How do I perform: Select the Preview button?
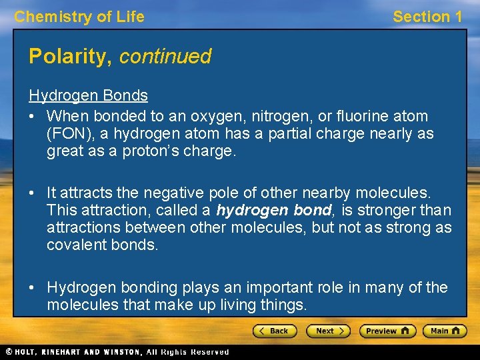tap(387, 331)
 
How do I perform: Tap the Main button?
tap(446, 331)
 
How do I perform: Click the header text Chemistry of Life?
tap(79, 17)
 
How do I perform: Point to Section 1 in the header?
tap(427, 17)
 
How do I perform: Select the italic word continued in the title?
tap(165, 57)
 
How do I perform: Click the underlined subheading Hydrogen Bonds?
tap(88, 95)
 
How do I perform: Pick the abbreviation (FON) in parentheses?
tap(69, 133)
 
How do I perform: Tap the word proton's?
tap(158, 151)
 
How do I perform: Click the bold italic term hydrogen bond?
tap(273, 211)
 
